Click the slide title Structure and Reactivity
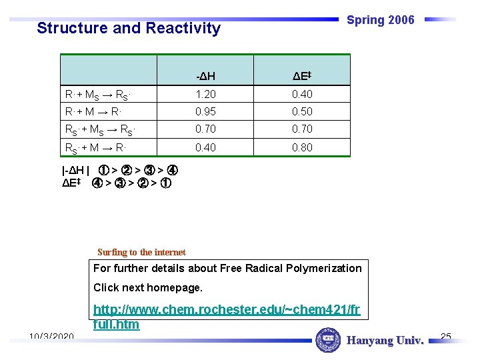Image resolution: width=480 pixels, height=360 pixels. click(128, 28)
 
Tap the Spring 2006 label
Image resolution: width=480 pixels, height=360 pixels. click(381, 20)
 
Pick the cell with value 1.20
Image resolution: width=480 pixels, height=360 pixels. click(205, 95)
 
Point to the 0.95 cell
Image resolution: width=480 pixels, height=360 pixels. click(205, 112)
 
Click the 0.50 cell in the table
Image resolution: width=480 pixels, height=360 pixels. click(302, 112)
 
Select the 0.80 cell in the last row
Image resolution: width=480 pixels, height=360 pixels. click(302, 147)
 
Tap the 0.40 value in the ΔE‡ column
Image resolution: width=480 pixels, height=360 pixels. click(302, 95)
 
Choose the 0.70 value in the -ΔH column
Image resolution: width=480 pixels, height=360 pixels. click(205, 129)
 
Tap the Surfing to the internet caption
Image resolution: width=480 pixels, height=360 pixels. click(141, 252)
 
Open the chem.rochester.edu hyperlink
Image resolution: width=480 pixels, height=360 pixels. click(227, 317)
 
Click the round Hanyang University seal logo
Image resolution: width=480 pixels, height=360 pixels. click(327, 340)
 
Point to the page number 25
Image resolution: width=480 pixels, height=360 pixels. click(446, 336)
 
